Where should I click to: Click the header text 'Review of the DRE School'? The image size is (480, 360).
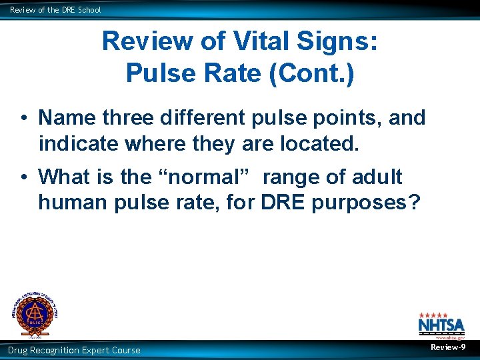click(55, 10)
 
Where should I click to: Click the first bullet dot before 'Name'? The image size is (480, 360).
click(23, 119)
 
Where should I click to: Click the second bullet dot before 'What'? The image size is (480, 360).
click(23, 178)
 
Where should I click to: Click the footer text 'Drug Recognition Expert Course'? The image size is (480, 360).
click(74, 350)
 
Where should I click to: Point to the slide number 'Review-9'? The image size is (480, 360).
click(448, 348)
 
